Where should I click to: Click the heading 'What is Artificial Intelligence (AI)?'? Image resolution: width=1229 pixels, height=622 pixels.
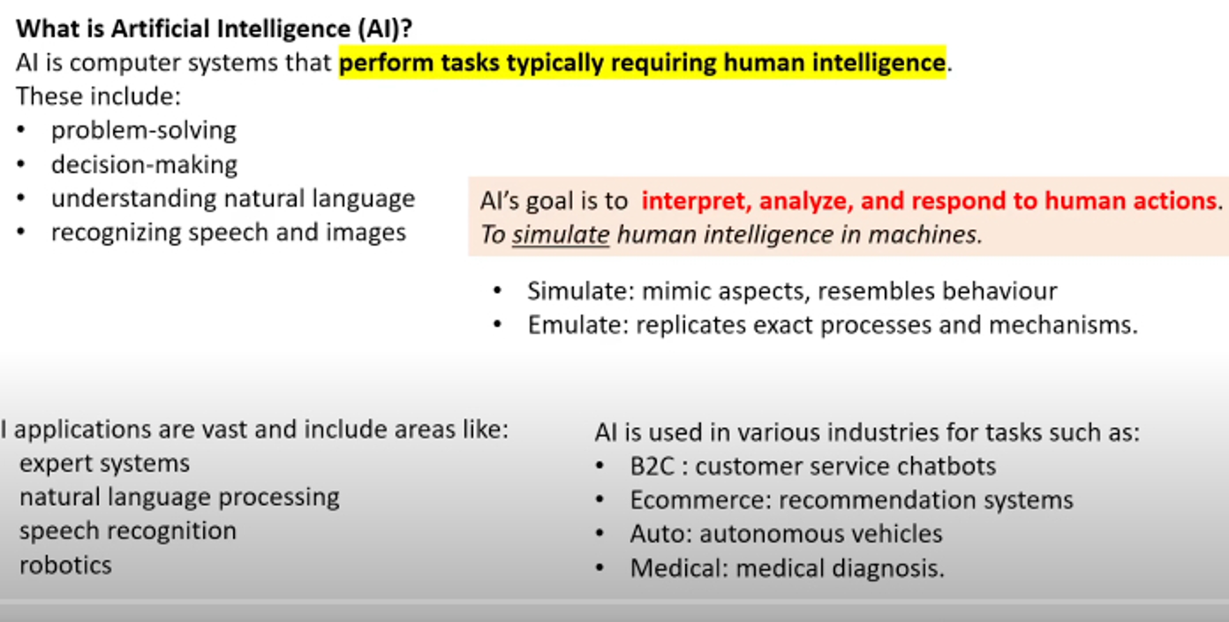click(214, 28)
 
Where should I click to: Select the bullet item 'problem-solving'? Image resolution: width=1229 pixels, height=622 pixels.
click(144, 131)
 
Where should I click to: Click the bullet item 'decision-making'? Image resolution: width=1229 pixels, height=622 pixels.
click(144, 164)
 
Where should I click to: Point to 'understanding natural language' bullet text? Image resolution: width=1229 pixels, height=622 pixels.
click(233, 199)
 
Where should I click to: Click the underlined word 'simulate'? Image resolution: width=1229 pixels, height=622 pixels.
click(561, 235)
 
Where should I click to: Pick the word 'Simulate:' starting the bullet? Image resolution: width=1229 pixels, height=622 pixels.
click(581, 291)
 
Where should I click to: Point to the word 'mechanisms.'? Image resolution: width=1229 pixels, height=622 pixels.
click(1063, 325)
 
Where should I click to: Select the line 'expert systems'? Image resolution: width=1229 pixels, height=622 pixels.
click(105, 463)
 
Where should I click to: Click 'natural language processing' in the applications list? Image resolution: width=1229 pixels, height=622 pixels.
click(179, 497)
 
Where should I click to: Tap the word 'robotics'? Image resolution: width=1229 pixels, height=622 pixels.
click(66, 565)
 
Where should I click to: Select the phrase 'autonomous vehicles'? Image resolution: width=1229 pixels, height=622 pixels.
click(821, 535)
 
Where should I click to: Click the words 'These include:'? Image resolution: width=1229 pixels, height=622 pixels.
click(98, 96)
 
